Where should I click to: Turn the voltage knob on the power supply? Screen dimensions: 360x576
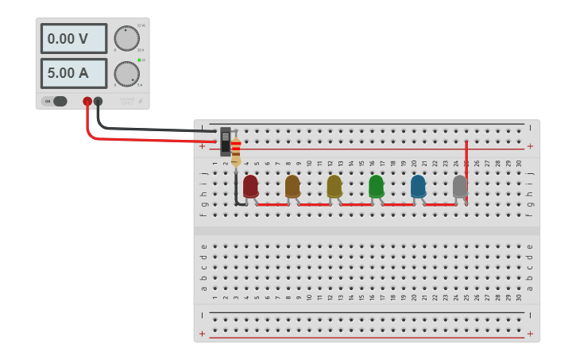pos(126,38)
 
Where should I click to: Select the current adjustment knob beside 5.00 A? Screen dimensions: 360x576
pos(126,74)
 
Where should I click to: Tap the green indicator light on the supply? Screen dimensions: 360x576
pos(139,60)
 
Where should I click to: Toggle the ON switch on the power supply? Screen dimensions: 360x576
pos(56,101)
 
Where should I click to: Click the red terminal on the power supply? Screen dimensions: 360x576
pos(87,101)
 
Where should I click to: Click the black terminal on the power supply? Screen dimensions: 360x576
pos(98,101)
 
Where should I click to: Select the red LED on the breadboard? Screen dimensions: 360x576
pos(250,186)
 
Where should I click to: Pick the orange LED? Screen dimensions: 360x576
pos(292,186)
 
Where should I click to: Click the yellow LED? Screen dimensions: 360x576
pos(334,186)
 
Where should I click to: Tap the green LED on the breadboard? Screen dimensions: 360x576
pos(377,186)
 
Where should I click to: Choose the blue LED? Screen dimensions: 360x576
pos(418,186)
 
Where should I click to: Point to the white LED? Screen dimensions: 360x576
pos(460,186)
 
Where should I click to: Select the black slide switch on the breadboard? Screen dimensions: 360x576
pos(226,142)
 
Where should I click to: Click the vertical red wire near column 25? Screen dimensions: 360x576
pos(466,171)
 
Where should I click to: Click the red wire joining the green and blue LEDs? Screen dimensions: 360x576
pos(397,204)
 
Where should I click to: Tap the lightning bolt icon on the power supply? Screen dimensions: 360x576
pos(141,101)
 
